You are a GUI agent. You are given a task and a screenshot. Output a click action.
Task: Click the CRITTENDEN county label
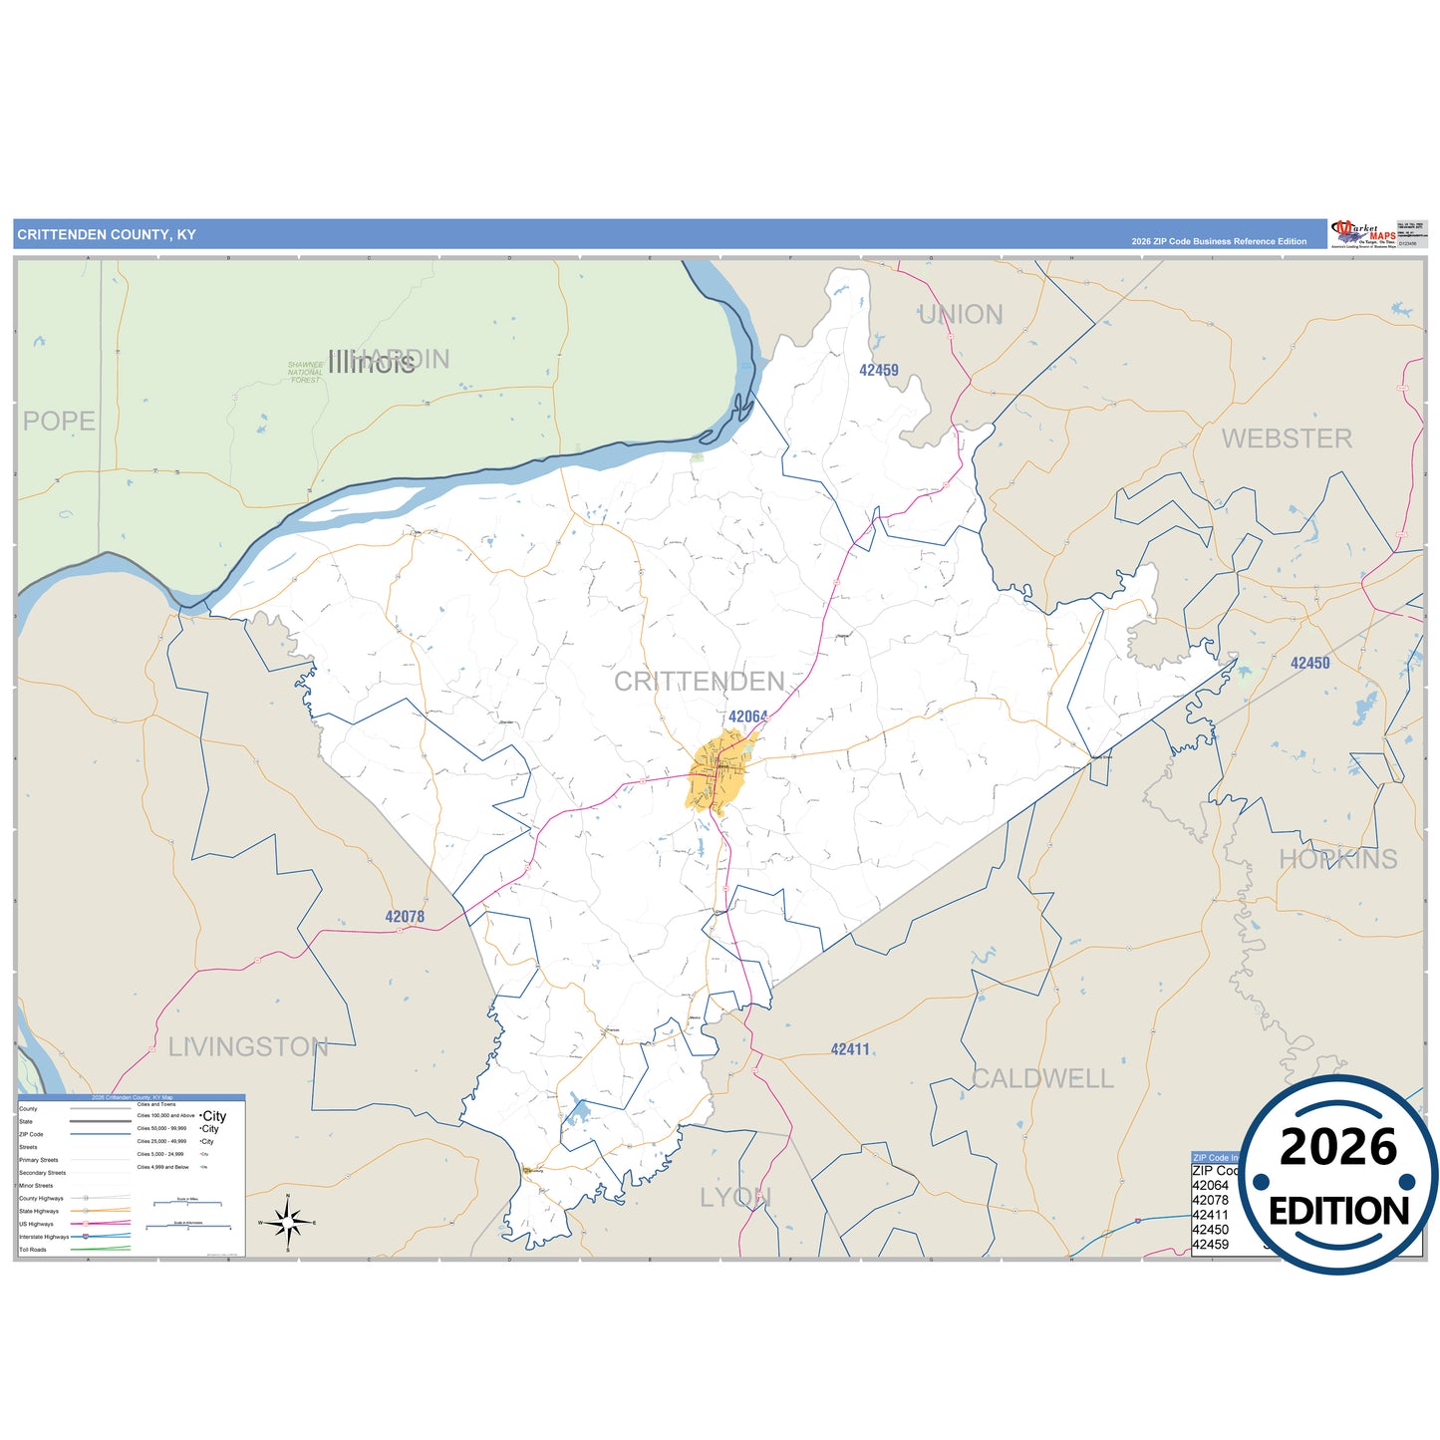tap(699, 682)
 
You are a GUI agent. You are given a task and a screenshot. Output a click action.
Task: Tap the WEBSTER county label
tap(1287, 438)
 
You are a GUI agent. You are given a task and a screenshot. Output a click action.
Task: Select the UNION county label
tap(961, 315)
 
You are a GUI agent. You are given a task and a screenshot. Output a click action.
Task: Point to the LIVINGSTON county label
tap(248, 1047)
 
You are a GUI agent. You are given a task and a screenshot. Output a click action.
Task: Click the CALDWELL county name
tap(1042, 1078)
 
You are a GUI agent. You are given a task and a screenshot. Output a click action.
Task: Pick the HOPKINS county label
tap(1337, 859)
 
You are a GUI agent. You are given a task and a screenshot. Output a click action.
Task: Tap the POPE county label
tap(60, 421)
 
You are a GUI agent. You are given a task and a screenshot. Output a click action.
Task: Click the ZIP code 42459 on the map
tap(879, 370)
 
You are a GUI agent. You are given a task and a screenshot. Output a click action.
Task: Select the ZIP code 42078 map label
tap(405, 917)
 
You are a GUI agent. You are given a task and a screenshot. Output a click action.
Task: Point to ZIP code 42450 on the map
tap(1309, 663)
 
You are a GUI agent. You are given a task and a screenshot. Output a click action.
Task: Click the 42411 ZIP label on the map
tap(850, 1049)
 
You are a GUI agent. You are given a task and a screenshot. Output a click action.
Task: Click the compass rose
tap(287, 1222)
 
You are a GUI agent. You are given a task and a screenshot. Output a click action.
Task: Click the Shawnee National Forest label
tap(306, 373)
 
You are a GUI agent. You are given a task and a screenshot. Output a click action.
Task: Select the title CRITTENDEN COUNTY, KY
tap(107, 235)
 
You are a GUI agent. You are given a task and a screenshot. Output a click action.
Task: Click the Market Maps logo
tap(1363, 234)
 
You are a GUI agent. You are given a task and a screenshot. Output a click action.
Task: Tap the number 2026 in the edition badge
tap(1337, 1147)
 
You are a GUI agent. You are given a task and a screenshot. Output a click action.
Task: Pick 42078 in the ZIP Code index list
tap(1211, 1200)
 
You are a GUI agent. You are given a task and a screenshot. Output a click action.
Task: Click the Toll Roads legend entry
tap(33, 1250)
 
